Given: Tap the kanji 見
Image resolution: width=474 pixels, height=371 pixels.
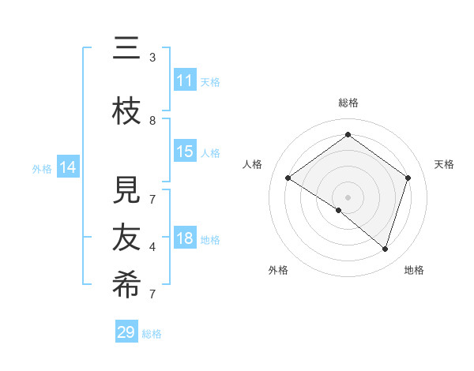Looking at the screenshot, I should click(126, 190).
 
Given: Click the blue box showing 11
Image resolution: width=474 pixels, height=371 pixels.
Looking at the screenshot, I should click(185, 81).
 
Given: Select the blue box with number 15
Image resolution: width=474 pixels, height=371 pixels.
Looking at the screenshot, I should click(185, 152).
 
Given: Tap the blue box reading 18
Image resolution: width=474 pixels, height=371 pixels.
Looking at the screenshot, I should click(185, 239).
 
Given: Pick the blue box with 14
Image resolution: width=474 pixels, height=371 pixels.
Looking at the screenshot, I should click(68, 167).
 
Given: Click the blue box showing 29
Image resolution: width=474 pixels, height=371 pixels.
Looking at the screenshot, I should click(126, 332).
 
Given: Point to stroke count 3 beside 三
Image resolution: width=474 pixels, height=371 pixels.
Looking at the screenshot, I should click(152, 57).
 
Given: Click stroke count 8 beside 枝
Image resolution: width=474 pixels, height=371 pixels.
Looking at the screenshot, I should click(152, 120).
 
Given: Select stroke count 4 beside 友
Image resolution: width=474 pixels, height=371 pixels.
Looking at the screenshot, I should click(152, 247).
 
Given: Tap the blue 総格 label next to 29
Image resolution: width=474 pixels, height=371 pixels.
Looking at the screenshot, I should click(152, 334).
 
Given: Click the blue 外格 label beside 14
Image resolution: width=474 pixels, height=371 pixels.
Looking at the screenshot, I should click(42, 168).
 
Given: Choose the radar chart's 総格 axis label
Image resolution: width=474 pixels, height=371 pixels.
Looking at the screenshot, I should click(348, 103).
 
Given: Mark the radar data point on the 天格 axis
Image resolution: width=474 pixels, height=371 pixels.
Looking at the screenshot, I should click(408, 178).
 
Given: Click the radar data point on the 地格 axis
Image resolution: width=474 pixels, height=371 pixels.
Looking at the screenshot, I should click(385, 249).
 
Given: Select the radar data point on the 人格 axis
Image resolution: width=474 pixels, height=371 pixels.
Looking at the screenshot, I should click(288, 178).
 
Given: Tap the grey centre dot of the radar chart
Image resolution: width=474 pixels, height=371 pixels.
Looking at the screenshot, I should click(348, 197).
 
